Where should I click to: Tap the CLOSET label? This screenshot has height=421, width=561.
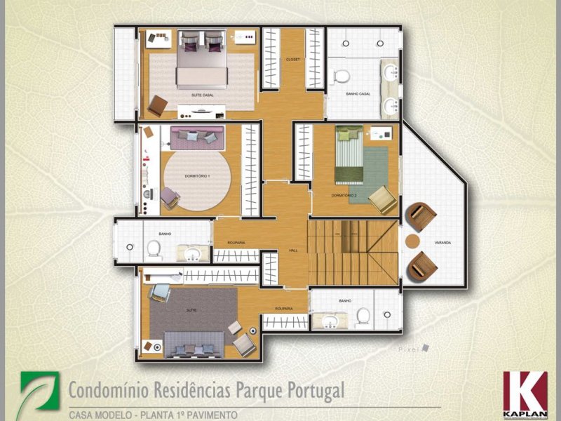click(x=293, y=60)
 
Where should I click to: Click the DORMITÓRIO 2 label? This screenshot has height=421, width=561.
click(x=344, y=194)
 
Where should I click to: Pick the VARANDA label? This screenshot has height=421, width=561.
click(x=442, y=243)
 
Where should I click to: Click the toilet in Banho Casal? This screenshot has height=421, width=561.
click(x=342, y=75)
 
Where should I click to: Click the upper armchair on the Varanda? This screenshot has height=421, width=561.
click(x=423, y=217)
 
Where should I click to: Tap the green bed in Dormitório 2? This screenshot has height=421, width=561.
click(x=349, y=156)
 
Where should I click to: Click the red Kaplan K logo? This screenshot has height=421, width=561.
click(x=525, y=390)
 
